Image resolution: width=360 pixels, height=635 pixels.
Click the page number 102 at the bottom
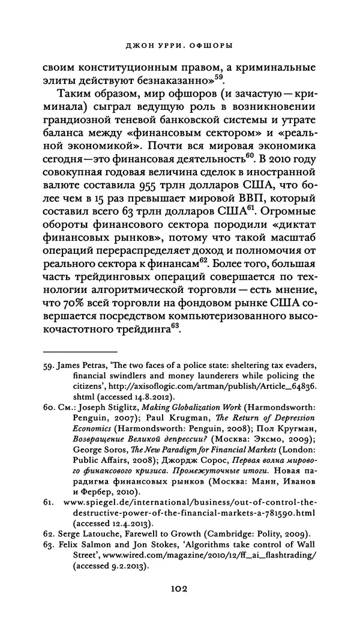pos(180,589)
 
